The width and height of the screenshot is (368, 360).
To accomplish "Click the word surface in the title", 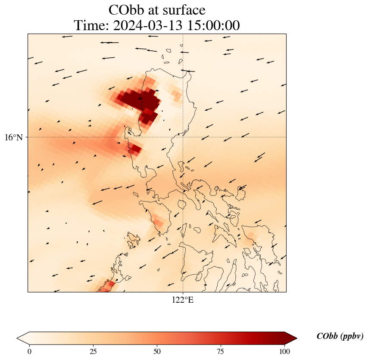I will [183, 10].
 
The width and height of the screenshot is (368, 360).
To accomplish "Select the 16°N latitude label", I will [16, 137].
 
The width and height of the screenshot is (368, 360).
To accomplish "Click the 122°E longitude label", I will [183, 300].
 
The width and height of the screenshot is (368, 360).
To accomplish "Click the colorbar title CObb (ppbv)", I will [340, 336].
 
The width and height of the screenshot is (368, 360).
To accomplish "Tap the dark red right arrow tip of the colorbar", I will [291, 338].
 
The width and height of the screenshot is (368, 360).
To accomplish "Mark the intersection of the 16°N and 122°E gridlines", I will [183, 137].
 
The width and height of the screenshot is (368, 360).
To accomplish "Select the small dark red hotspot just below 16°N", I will [135, 149].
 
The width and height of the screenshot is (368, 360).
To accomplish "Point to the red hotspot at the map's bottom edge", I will [109, 285].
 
